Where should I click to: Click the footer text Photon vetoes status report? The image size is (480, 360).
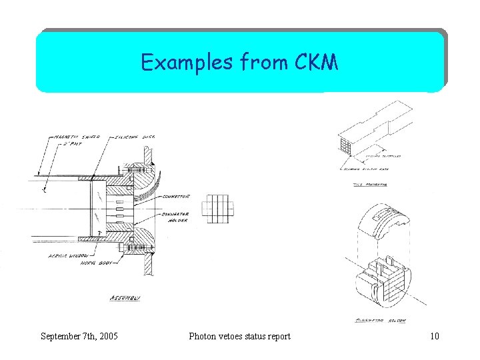240,336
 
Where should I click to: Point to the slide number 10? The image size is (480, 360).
435,336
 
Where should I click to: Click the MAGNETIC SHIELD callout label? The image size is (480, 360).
73,137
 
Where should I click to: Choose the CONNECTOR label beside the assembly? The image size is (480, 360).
175,196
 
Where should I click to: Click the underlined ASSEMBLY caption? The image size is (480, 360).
125,299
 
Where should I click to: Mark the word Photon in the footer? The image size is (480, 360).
204,336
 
